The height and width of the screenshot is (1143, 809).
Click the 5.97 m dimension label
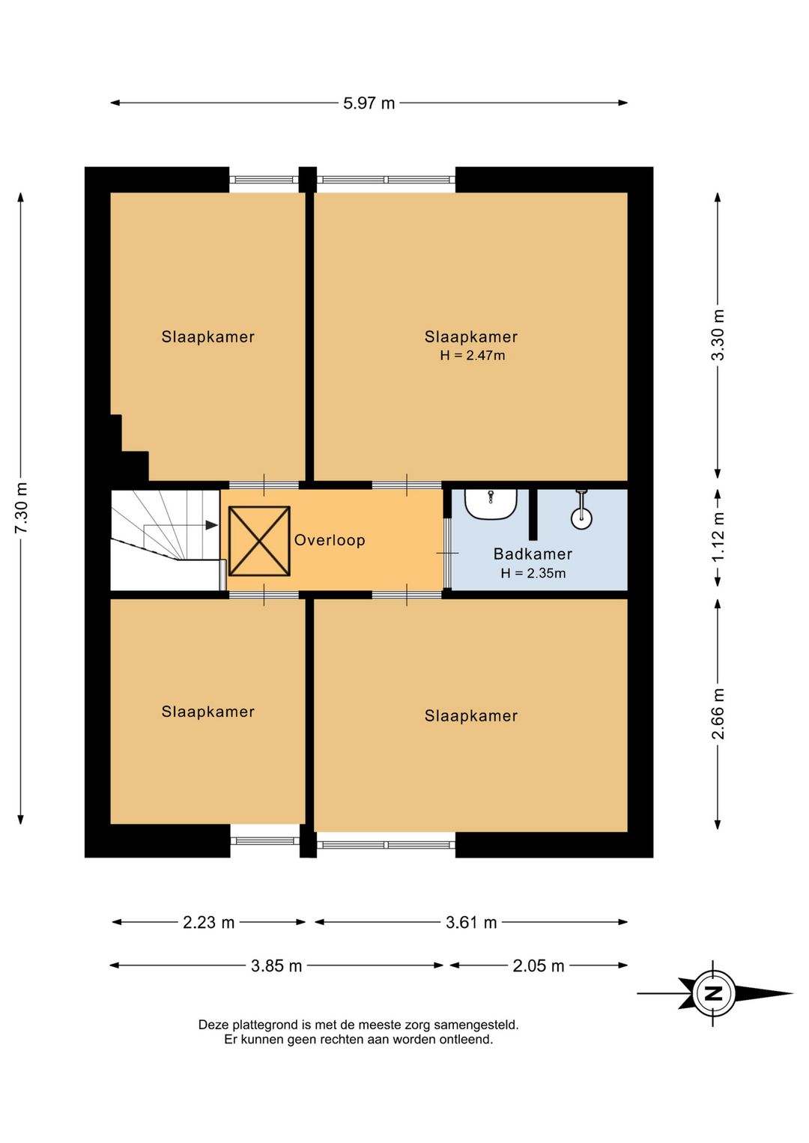pyautogui.click(x=369, y=103)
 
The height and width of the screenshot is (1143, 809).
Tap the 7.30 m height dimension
pyautogui.click(x=21, y=508)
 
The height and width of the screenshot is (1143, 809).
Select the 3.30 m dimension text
pyautogui.click(x=718, y=335)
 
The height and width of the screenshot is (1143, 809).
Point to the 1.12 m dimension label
pyautogui.click(x=718, y=536)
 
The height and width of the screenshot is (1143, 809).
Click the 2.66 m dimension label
pyautogui.click(x=718, y=713)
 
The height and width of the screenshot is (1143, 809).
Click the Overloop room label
pyautogui.click(x=330, y=540)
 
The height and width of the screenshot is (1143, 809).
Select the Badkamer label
pyautogui.click(x=533, y=554)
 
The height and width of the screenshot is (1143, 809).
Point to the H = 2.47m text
pyautogui.click(x=473, y=355)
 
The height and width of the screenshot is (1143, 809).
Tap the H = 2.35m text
pyautogui.click(x=533, y=573)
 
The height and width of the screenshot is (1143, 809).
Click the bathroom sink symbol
pyautogui.click(x=491, y=504)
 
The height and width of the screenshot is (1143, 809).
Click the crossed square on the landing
pyautogui.click(x=259, y=541)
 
